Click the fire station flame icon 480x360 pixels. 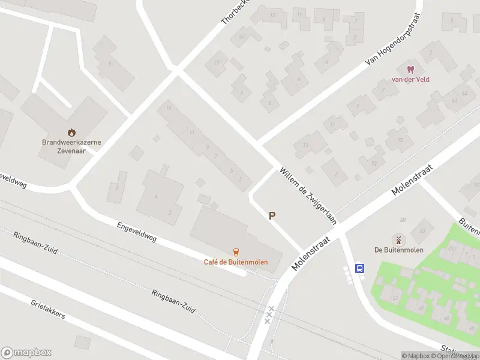[x=71, y=133]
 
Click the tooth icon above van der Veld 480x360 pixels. [x=411, y=70]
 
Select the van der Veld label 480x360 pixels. [x=411, y=79]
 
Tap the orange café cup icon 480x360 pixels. [x=236, y=252]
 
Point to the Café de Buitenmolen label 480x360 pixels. [x=236, y=262]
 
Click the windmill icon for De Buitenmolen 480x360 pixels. [x=398, y=239]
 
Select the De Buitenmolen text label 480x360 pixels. [x=398, y=250]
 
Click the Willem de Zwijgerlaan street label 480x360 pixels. [x=307, y=195]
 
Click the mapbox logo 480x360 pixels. [x=26, y=353]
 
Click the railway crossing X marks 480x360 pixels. [x=269, y=314]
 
